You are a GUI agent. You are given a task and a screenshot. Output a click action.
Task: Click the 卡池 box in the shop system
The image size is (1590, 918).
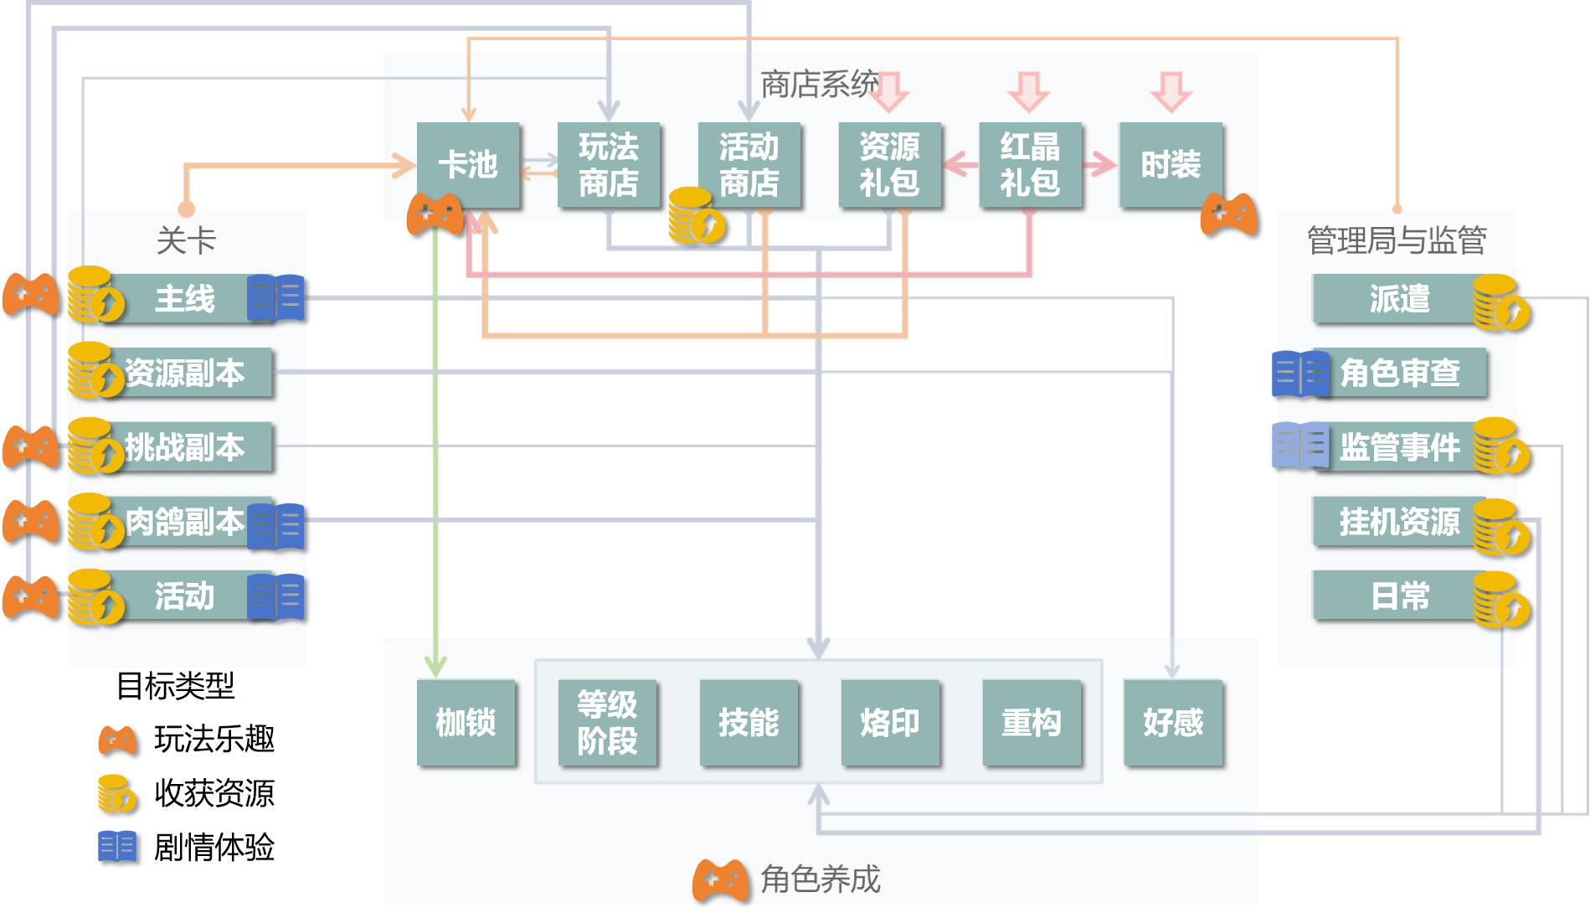468,165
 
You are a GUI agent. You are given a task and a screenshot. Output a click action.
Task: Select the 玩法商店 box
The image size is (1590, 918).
609,165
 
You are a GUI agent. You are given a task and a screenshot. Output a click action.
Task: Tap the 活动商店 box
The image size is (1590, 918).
749,165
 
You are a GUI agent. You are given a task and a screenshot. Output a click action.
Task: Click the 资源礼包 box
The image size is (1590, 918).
890,165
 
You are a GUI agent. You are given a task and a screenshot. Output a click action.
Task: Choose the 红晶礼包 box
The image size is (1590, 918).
1030,165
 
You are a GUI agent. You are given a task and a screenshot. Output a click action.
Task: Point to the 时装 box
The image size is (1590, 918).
1171,165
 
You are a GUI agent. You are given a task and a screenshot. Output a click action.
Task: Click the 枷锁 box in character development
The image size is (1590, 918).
466,722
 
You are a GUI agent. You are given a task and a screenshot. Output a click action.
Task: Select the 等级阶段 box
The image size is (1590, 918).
607,722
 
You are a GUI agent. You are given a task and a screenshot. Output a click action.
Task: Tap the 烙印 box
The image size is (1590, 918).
890,722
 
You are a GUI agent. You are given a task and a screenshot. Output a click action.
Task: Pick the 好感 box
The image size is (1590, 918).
1173,722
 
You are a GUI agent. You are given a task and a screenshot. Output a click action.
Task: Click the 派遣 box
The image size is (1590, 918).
1398,298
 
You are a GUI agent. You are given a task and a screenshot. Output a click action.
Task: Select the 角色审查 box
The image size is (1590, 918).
1400,373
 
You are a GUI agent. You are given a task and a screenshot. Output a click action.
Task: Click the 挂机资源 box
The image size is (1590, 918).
1398,521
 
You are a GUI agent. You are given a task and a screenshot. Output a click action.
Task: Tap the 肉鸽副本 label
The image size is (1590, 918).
185,521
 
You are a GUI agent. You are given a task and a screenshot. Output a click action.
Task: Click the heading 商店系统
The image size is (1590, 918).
819,84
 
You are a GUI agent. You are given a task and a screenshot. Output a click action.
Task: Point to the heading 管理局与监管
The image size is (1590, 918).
1397,240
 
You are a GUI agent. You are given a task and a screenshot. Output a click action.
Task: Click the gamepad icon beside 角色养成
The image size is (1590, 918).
720,880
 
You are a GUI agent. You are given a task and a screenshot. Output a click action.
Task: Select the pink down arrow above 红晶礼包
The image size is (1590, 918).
1029,91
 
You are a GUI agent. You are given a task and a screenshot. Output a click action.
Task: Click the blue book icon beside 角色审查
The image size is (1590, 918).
1300,373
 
